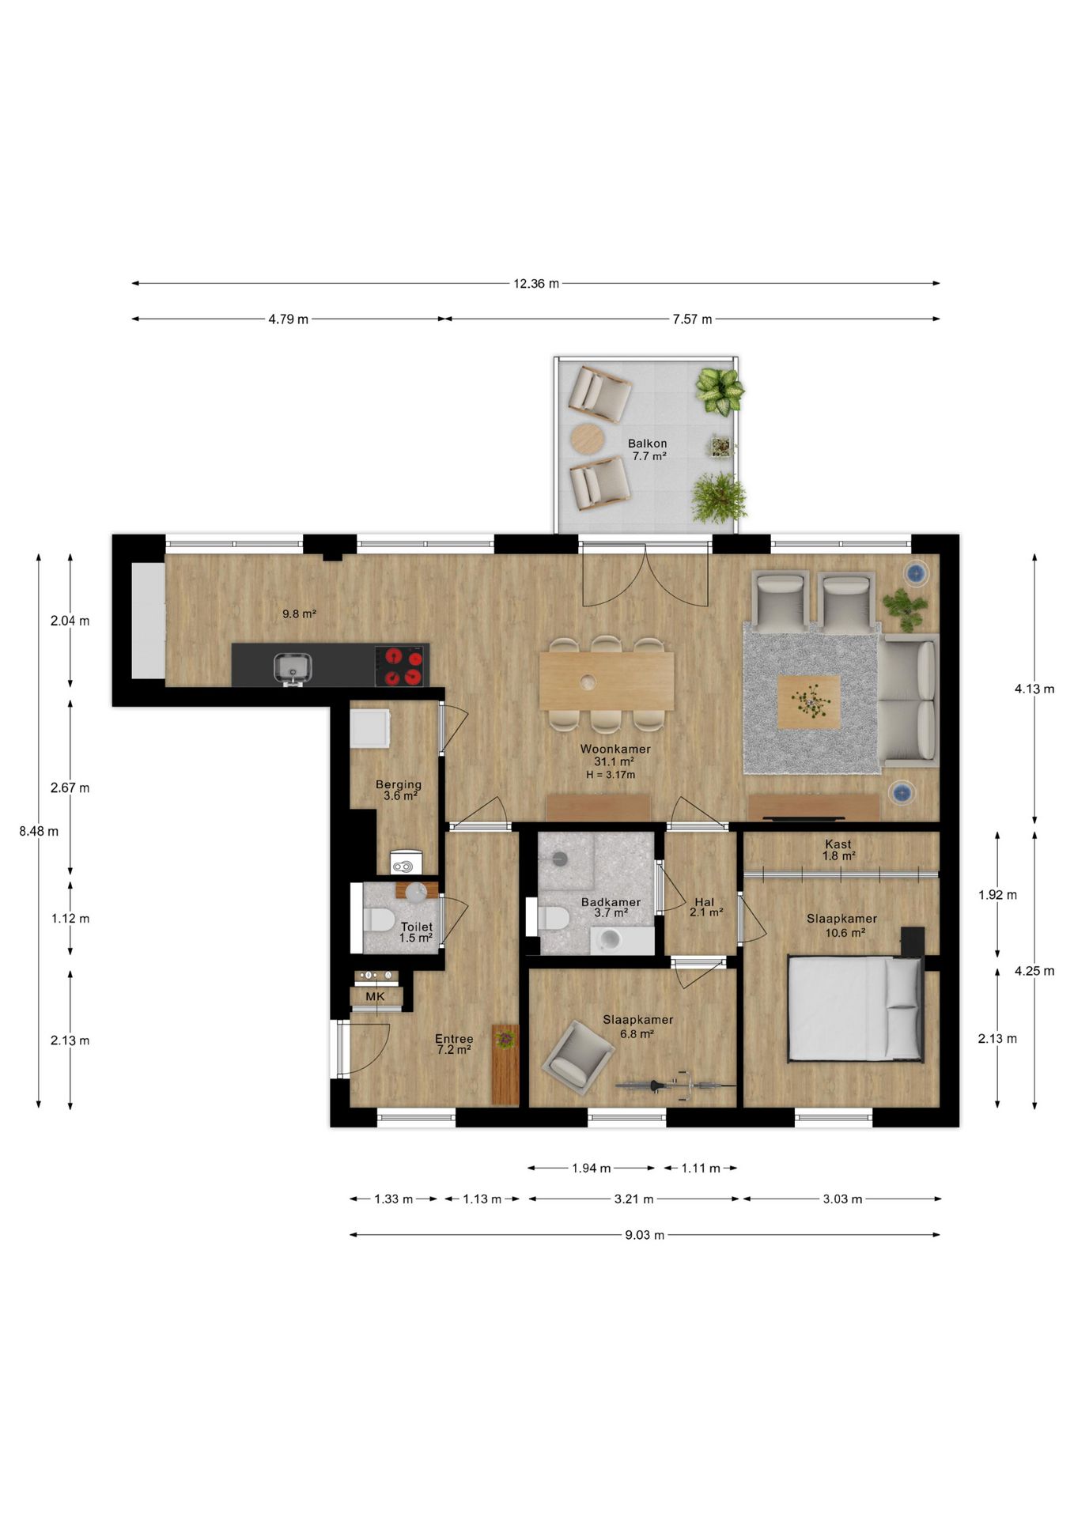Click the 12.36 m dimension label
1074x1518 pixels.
tap(536, 283)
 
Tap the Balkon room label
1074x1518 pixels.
tap(648, 444)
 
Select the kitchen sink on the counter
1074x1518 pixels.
tap(292, 666)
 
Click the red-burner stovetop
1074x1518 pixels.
tap(403, 666)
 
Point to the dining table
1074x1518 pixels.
tap(607, 681)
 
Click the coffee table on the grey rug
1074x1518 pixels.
tap(808, 701)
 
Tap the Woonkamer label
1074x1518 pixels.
tap(615, 749)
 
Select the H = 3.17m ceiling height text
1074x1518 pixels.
tap(611, 775)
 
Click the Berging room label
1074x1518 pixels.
tap(399, 784)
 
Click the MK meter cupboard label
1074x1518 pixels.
tap(375, 996)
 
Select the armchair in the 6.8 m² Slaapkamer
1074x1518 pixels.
tap(578, 1057)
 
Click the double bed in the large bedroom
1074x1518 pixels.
tap(856, 1008)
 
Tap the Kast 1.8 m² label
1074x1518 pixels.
tap(838, 850)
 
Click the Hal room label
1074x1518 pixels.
tap(705, 902)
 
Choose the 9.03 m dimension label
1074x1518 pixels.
tap(645, 1235)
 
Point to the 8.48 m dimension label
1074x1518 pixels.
tap(39, 831)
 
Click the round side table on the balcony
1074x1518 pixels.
tap(587, 439)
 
